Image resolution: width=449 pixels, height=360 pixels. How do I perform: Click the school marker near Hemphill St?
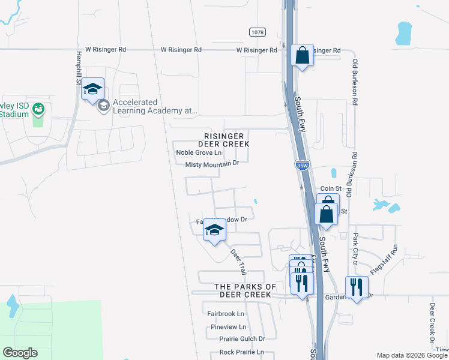pyautogui.click(x=92, y=89)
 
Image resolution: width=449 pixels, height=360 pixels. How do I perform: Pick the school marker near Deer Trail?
pyautogui.click(x=214, y=231)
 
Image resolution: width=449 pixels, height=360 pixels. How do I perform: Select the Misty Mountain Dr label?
pyautogui.click(x=212, y=164)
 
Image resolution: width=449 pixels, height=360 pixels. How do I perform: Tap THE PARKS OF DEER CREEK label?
pyautogui.click(x=246, y=291)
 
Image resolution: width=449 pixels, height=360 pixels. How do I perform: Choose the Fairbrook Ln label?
pyautogui.click(x=226, y=314)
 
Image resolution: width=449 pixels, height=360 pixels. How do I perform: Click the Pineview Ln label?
pyautogui.click(x=229, y=327)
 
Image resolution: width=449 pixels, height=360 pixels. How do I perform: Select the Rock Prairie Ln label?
pyautogui.click(x=242, y=352)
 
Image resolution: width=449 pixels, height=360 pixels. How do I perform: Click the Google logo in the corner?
pyautogui.click(x=20, y=353)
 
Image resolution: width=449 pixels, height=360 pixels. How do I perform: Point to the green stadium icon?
pyautogui.click(x=39, y=109)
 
